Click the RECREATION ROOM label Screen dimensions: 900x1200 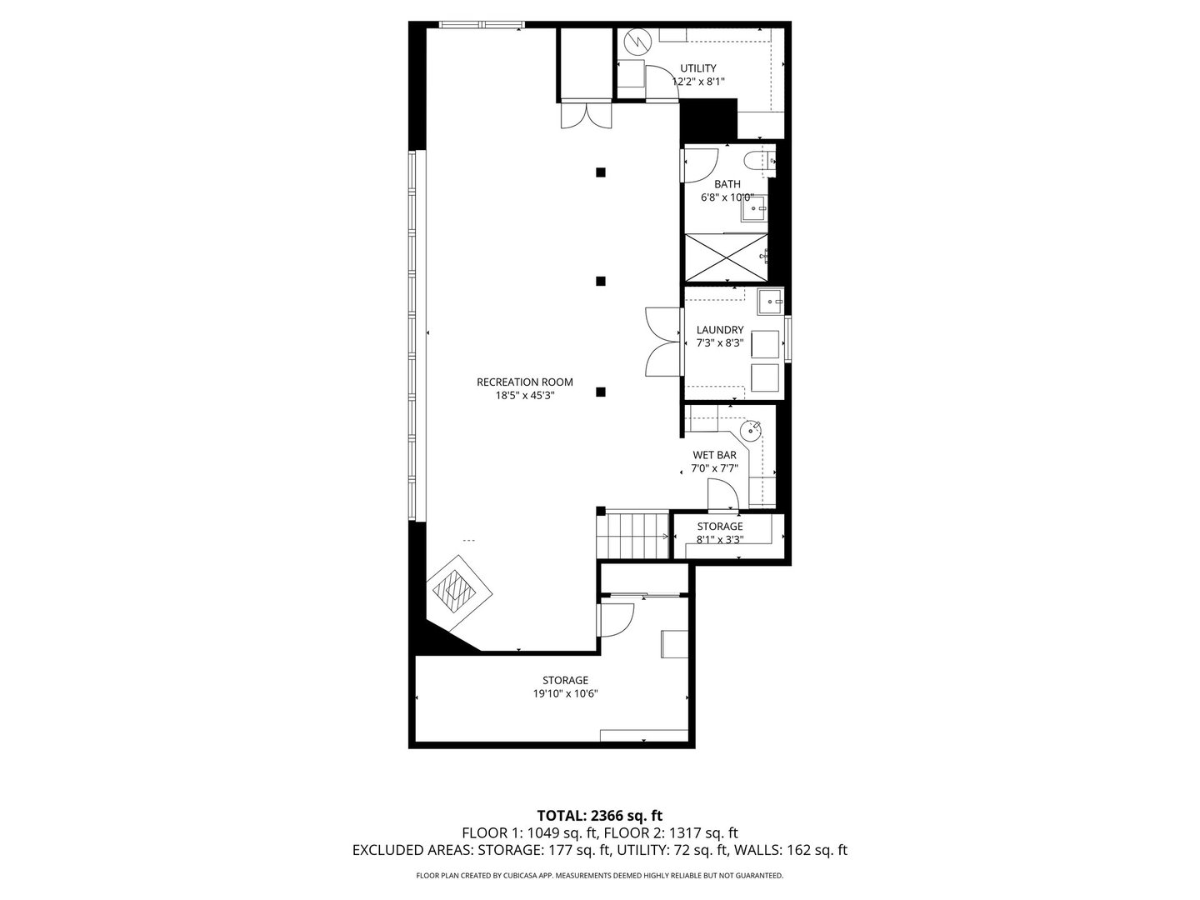(524, 382)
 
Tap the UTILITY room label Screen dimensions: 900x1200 (697, 68)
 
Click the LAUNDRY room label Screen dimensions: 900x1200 (720, 330)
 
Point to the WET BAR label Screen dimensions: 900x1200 (714, 455)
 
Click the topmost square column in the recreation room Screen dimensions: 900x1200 (600, 172)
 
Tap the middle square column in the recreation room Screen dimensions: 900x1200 (600, 281)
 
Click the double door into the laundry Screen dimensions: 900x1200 (662, 342)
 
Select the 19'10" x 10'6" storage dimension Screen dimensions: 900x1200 (567, 693)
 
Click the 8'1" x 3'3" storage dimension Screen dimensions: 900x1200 (720, 539)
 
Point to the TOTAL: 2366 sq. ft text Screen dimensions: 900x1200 (599, 815)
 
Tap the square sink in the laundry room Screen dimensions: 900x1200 (770, 301)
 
